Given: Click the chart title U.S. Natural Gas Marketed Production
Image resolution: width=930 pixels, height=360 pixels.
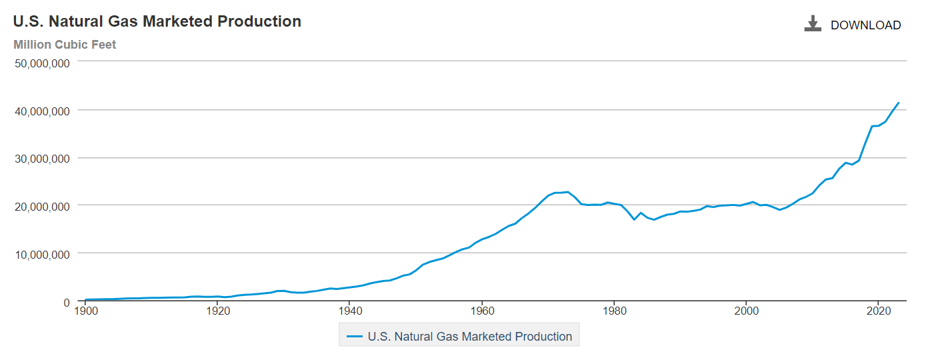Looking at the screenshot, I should pos(157,21).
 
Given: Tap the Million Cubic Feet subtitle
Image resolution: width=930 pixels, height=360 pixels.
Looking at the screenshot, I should pos(65,45).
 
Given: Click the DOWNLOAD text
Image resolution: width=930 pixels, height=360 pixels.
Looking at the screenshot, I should pos(865,25).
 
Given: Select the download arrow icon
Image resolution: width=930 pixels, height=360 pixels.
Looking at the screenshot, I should pos(812,25).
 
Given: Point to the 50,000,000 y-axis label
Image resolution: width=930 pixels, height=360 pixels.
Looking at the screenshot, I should pos(41,63).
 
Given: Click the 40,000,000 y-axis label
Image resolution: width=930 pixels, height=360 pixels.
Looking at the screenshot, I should pos(41,111).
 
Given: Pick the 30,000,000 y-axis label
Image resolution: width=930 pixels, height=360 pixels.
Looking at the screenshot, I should pos(41,159).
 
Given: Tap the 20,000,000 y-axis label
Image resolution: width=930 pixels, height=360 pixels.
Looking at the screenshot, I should pos(41,207).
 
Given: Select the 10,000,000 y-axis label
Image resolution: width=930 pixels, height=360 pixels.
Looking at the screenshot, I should pos(41,255).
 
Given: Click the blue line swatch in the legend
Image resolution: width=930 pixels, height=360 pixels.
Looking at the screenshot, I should pos(355,337).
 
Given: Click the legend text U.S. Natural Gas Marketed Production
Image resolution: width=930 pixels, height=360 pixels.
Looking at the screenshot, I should pos(469,337).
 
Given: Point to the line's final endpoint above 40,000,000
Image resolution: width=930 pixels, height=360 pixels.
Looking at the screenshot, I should pos(899,103).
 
